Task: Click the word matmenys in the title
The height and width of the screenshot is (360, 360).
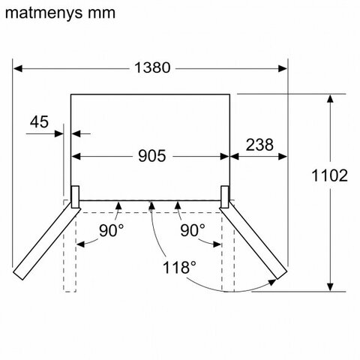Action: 43,13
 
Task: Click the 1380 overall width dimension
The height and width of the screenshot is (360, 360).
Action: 152,67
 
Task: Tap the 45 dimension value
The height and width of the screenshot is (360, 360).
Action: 39,121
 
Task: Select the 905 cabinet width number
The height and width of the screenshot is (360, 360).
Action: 152,156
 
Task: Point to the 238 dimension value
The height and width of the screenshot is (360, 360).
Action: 259,145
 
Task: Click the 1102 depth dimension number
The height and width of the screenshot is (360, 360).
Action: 329,175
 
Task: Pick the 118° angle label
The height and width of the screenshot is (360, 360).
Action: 179,268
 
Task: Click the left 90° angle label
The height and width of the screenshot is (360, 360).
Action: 111,230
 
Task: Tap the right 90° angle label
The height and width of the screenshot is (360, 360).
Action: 193,230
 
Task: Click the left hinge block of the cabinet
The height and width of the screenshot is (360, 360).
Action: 75,197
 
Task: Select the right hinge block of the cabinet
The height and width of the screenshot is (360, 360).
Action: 224,197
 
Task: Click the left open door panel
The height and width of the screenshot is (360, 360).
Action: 46,241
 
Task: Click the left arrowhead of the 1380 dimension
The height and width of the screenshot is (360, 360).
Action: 18,68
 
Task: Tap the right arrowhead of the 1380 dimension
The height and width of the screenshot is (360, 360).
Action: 283,68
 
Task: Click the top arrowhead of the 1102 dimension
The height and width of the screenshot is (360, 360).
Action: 331,99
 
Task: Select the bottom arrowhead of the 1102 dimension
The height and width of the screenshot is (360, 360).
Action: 331,286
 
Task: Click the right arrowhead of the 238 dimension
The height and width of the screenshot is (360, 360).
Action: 283,157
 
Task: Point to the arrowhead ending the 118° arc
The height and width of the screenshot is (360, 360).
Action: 272,283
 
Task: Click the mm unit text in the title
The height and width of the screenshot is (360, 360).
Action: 101,13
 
